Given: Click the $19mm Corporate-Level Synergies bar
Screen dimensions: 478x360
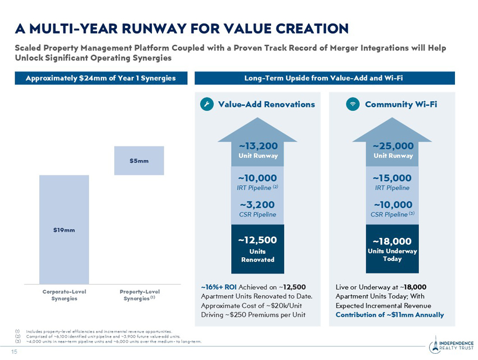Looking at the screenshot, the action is [x=64, y=229].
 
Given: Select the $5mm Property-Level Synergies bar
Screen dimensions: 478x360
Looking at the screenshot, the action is [x=139, y=161].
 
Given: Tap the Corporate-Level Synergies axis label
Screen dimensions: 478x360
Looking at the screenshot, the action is [x=64, y=295].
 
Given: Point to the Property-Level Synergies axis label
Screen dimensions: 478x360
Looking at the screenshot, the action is [x=139, y=295].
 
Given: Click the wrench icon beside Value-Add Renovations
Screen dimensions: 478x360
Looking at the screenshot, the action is [x=207, y=104].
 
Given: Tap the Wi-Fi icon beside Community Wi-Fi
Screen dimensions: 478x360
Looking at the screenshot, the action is [x=353, y=104].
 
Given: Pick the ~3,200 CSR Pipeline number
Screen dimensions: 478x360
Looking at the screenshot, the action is [x=258, y=205].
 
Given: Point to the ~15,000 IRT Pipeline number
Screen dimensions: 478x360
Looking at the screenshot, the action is [x=392, y=178].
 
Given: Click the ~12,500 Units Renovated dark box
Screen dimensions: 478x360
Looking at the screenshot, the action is [x=258, y=249].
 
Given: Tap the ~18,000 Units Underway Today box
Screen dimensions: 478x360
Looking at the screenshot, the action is [x=393, y=249].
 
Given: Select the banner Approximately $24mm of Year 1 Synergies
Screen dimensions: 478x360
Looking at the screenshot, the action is [x=101, y=78].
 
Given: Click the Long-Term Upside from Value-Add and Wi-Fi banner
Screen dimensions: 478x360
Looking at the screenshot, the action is [x=324, y=78].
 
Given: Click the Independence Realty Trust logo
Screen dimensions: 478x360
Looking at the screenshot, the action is [x=452, y=345].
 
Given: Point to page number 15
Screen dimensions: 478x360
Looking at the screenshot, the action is [x=14, y=352].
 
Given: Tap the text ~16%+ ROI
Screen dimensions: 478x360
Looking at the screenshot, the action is [x=219, y=287].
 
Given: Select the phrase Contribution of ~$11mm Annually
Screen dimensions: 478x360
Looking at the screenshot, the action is [x=390, y=315].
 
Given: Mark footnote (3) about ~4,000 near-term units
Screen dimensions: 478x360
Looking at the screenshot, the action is [x=108, y=341].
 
